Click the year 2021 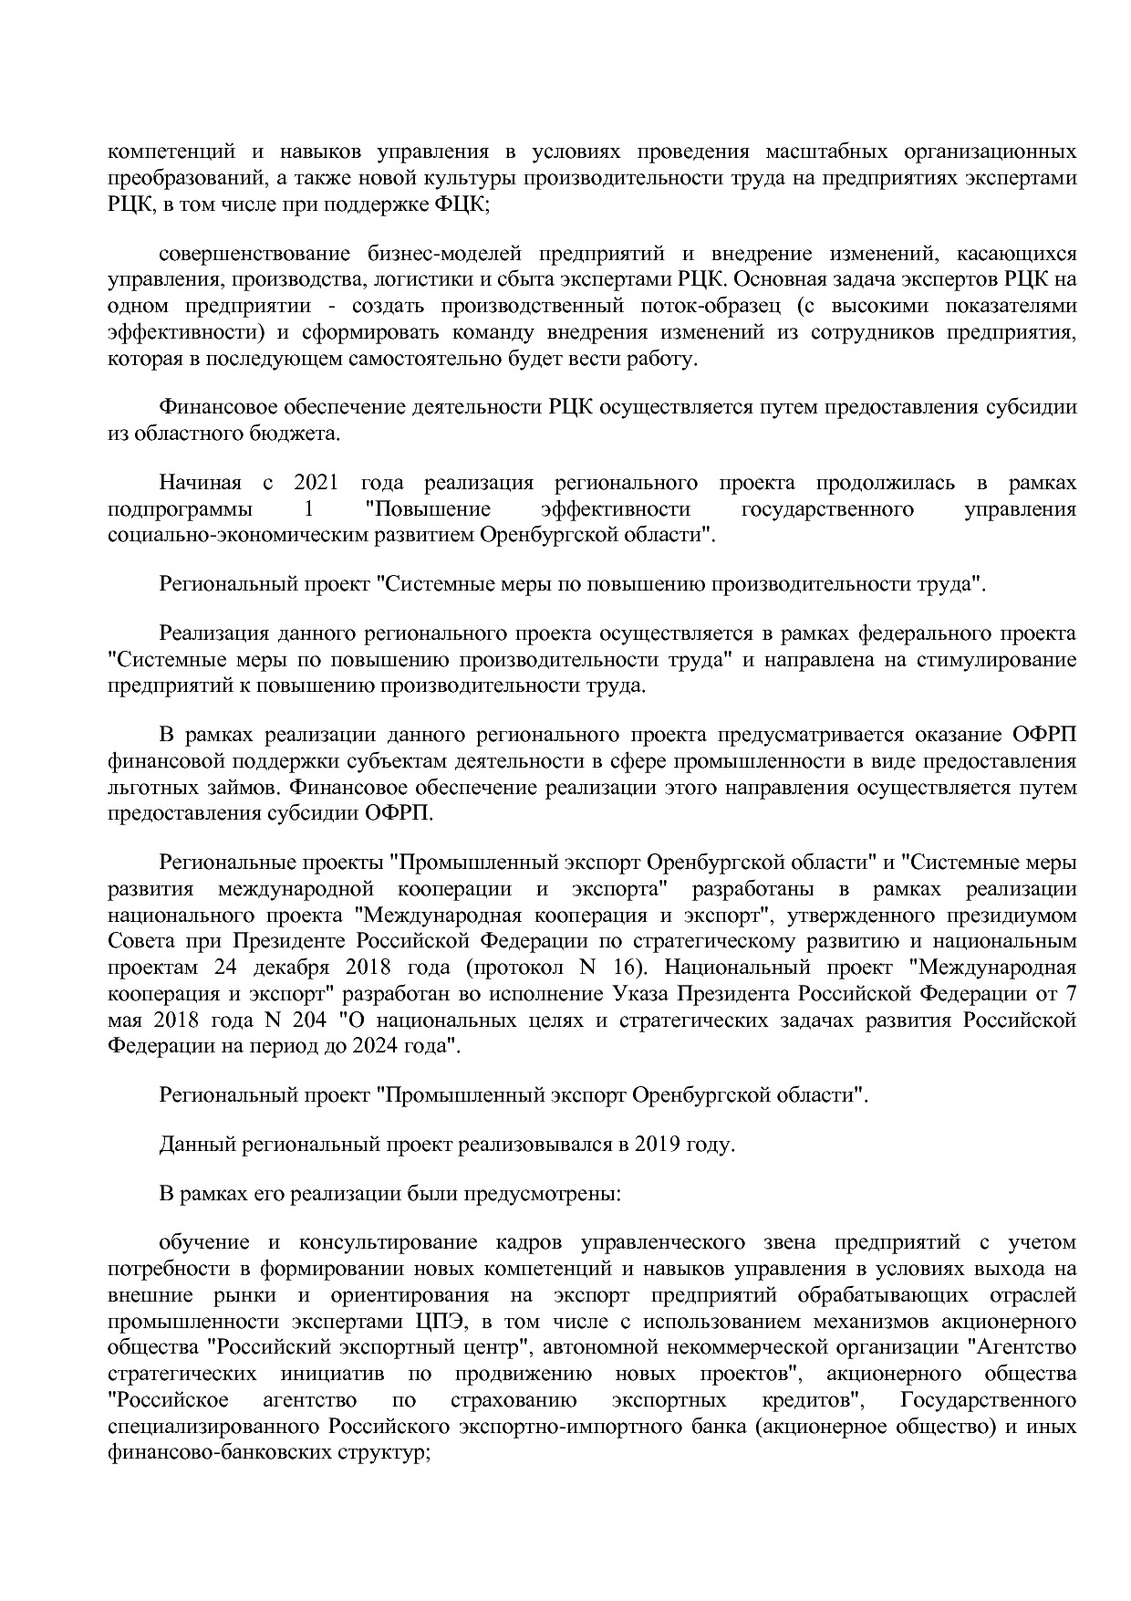click(x=316, y=482)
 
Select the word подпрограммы click(x=180, y=508)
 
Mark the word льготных click(x=149, y=787)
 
